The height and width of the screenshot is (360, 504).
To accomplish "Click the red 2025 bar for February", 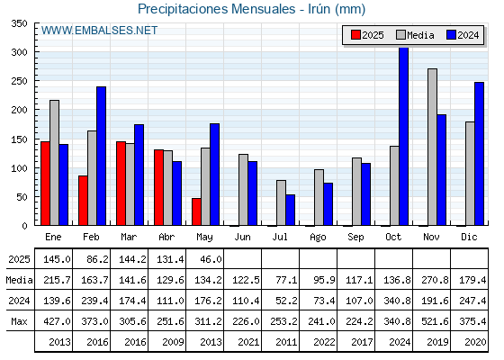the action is [x=83, y=200].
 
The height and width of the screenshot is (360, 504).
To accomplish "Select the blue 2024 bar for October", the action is [x=404, y=136].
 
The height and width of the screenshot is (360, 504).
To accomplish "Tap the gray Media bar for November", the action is [x=432, y=147].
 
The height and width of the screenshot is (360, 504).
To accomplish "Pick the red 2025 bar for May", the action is [x=196, y=211].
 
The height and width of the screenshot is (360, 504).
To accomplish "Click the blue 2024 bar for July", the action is [x=291, y=210].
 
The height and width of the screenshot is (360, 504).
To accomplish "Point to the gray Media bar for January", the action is [x=54, y=163].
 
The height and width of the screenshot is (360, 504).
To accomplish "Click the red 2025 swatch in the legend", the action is [x=355, y=35].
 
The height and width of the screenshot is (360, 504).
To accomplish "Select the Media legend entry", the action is [x=415, y=35].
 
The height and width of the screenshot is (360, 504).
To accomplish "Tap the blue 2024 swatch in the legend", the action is [x=451, y=35].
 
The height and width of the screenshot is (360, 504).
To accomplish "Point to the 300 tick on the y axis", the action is [x=36, y=52].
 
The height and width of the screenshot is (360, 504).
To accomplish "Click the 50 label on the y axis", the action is [x=22, y=197].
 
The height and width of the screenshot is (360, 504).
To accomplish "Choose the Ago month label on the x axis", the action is [x=318, y=238].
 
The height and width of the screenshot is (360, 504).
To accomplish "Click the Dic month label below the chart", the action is [x=469, y=237].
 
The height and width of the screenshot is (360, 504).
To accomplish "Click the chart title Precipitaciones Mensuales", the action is [x=216, y=9].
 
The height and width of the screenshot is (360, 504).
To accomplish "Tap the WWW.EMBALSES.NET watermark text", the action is [x=99, y=31].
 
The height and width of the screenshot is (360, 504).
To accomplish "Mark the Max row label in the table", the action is [x=19, y=321].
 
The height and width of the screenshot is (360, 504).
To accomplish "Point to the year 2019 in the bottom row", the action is [x=437, y=342].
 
